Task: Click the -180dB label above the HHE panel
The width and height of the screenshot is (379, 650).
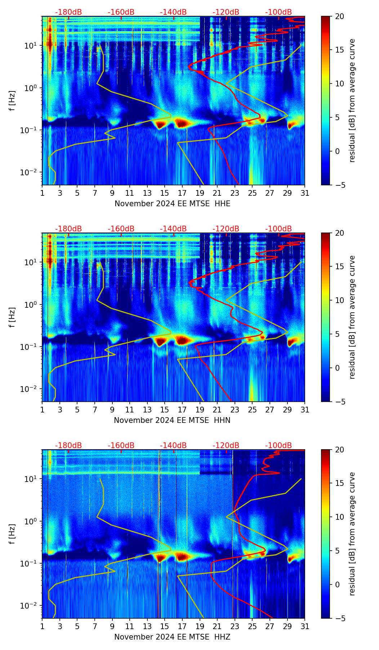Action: pyautogui.click(x=68, y=12)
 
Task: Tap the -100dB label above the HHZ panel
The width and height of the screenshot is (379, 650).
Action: pyautogui.click(x=278, y=446)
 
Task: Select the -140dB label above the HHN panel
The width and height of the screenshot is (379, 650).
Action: pyautogui.click(x=173, y=229)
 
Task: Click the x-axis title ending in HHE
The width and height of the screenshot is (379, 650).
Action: pyautogui.click(x=172, y=204)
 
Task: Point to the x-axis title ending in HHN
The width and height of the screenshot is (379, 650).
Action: pyautogui.click(x=172, y=420)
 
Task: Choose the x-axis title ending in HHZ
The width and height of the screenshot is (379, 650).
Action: pyautogui.click(x=172, y=637)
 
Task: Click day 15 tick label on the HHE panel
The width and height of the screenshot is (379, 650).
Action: pyautogui.click(x=165, y=193)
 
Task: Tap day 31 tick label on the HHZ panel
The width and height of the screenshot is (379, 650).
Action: pyautogui.click(x=304, y=627)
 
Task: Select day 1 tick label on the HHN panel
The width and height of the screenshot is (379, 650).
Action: pyautogui.click(x=42, y=410)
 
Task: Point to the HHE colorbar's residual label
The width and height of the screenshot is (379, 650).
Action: pyautogui.click(x=352, y=101)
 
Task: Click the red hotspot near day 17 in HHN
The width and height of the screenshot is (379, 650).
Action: pyautogui.click(x=183, y=340)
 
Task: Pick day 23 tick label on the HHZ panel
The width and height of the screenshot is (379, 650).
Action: pyautogui.click(x=235, y=627)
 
